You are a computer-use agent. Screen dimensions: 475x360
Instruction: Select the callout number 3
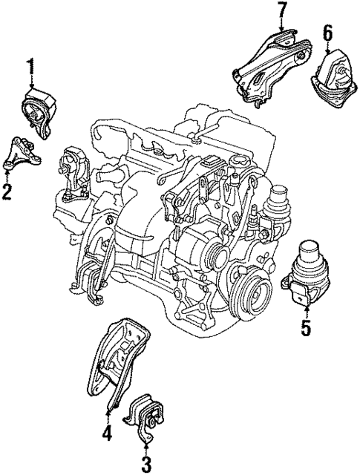point(146,465)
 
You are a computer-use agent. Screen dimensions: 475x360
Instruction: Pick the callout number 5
point(305,327)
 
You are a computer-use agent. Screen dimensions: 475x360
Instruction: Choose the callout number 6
point(328,33)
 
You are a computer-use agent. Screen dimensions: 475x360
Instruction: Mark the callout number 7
point(281,12)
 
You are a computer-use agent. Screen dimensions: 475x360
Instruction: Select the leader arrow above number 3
point(145,442)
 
